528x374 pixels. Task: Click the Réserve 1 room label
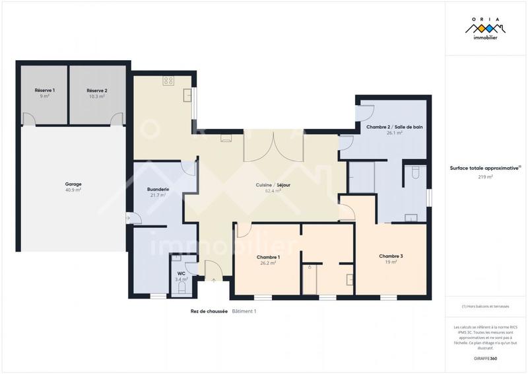(x=45, y=90)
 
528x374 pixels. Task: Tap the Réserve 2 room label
(x=96, y=90)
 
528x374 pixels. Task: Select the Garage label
(x=73, y=184)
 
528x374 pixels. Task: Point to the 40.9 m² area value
(x=73, y=190)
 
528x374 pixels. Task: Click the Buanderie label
(x=158, y=189)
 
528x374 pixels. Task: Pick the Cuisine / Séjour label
(x=269, y=185)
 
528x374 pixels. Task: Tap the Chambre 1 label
(x=268, y=256)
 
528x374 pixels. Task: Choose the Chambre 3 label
(x=391, y=256)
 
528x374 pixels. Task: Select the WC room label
(x=181, y=274)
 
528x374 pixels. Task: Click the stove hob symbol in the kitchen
(x=168, y=81)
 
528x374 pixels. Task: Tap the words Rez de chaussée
(x=209, y=311)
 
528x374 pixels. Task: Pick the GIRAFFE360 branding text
(x=485, y=358)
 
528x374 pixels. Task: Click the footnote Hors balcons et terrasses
(x=486, y=306)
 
